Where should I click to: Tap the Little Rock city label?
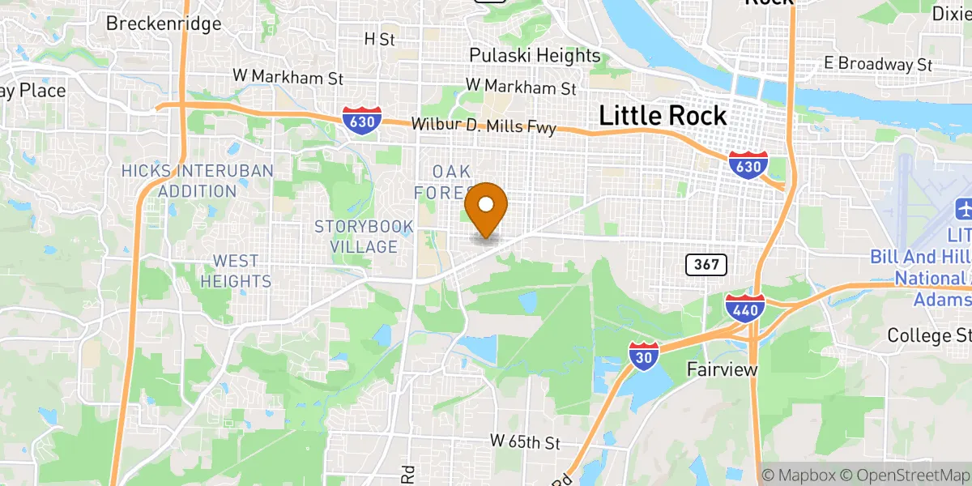pos(663,116)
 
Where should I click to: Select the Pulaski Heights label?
pos(535,56)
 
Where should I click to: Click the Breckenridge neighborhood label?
pos(164,23)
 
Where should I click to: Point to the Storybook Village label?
pos(364,237)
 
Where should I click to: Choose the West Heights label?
pos(236,271)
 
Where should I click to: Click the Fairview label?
pos(722,369)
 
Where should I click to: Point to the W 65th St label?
pos(525,442)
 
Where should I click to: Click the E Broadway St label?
pos(877,63)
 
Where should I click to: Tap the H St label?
pos(379,38)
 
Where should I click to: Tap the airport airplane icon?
pos(964,208)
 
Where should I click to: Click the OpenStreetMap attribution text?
pos(910,475)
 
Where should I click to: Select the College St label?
pos(929,335)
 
